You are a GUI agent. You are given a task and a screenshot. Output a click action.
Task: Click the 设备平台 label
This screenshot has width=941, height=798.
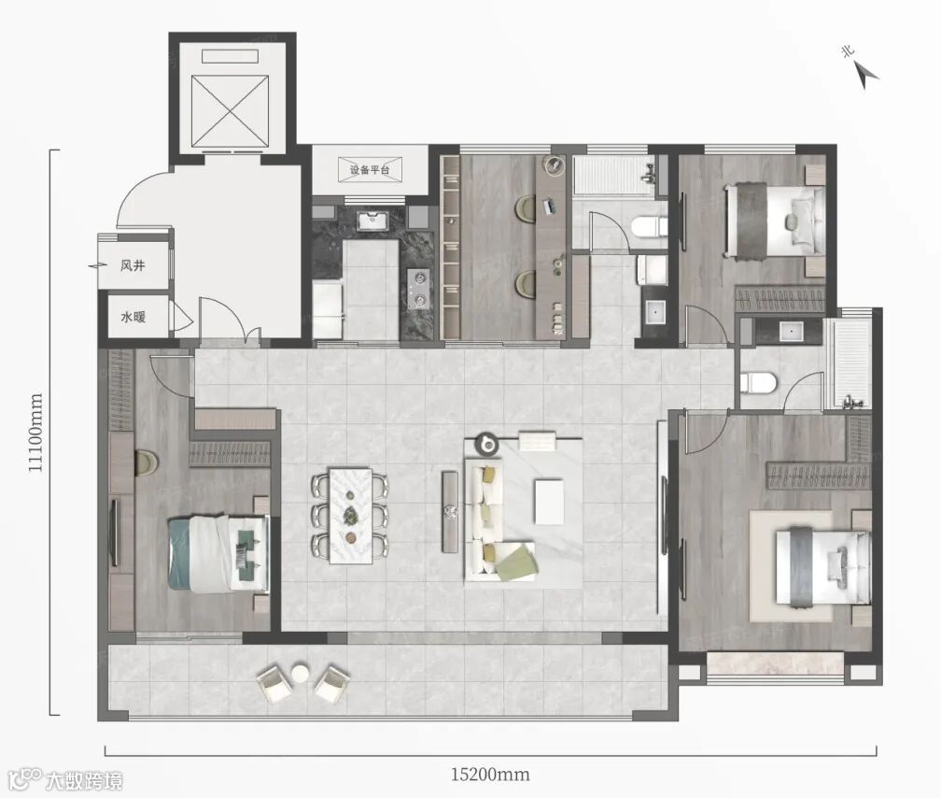click(x=370, y=170)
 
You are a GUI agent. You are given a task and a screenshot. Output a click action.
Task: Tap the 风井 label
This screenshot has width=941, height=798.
click(x=133, y=265)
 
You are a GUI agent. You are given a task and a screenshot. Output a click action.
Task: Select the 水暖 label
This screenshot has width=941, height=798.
click(x=133, y=317)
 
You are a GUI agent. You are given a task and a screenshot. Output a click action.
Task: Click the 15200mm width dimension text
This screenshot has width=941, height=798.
click(x=490, y=774)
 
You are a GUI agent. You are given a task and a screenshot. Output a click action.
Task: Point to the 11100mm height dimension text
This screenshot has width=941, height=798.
click(x=36, y=433)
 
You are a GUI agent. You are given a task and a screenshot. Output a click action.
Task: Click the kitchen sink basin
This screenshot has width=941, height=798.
click(x=372, y=221)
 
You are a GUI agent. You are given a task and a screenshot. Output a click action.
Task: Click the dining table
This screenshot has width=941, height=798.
click(x=350, y=516)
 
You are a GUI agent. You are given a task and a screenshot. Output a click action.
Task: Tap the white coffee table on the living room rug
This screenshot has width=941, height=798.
click(x=549, y=501)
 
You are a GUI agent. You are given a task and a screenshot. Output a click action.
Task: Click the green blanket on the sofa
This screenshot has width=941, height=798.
click(x=515, y=562)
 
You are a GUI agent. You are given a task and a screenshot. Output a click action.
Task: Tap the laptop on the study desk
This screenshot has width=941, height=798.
click(x=550, y=207)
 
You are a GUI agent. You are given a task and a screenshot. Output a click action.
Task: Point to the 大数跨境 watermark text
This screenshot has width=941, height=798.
click(x=84, y=780)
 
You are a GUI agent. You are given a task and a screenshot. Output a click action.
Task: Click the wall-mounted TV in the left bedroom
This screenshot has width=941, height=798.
click(x=114, y=532)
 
